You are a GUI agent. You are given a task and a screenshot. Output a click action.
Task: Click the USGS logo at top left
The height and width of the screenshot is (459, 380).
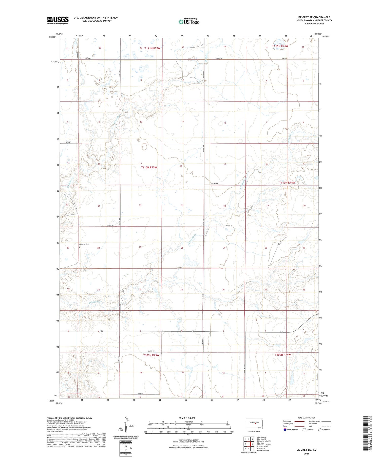[58, 20]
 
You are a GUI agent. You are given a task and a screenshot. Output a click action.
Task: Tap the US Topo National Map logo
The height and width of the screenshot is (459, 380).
[189, 22]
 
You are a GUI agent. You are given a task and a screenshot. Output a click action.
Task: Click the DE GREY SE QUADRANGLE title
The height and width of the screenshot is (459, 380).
[314, 17]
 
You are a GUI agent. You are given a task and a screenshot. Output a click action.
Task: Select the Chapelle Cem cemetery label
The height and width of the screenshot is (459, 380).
[84, 244]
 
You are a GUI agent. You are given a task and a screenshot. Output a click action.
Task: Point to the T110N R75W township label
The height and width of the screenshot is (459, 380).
[149, 167]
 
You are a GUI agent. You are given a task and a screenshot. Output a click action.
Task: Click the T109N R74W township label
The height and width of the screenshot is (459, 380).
[283, 355]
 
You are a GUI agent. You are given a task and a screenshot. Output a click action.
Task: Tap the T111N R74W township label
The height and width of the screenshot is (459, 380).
[280, 46]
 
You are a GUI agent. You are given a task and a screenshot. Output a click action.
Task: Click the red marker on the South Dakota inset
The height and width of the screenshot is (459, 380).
[255, 423]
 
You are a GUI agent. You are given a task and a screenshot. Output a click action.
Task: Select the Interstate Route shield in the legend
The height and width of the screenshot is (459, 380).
[285, 430]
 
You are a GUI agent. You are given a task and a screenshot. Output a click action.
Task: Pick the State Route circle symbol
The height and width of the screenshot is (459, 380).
[320, 430]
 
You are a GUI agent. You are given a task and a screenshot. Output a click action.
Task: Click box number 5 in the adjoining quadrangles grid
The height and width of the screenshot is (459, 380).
[252, 444]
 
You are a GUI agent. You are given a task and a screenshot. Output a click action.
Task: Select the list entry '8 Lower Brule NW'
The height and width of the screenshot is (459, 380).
[263, 450]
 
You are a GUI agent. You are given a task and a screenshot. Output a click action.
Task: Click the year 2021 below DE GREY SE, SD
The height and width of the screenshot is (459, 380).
[307, 454]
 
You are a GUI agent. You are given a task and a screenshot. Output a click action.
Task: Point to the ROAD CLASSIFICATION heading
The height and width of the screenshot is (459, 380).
[307, 418]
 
